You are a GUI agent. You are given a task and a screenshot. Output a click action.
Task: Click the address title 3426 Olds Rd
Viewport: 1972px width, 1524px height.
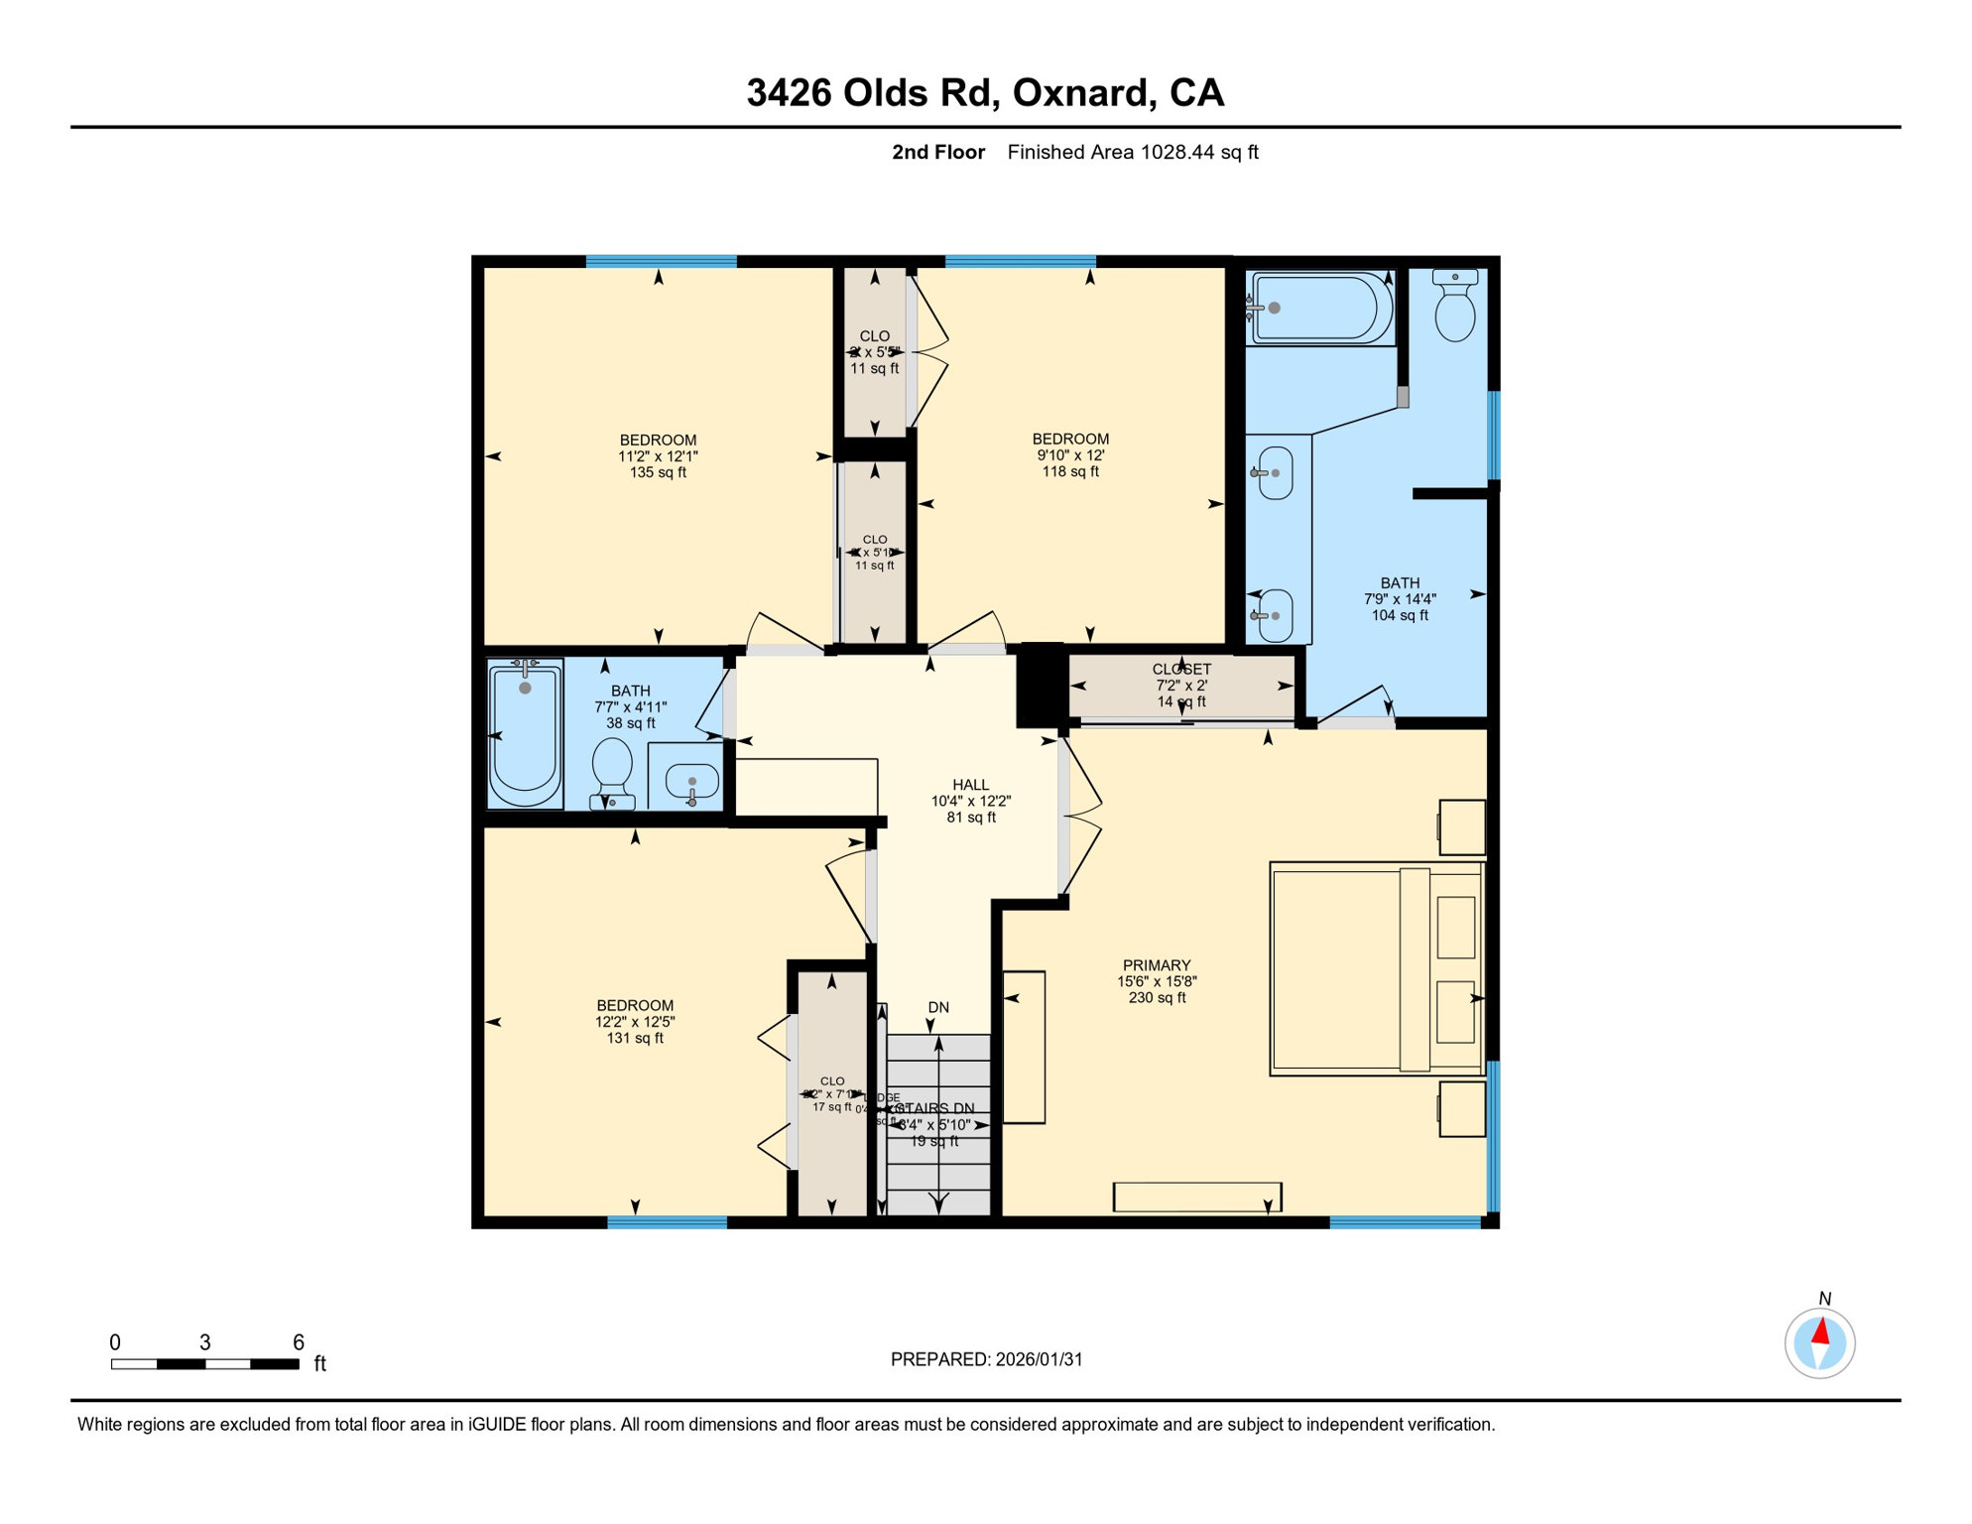[984, 93]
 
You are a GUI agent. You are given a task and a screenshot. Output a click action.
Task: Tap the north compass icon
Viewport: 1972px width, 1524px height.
[1819, 1342]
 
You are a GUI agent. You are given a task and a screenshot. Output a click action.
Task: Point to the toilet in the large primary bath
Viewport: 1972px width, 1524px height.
[1454, 308]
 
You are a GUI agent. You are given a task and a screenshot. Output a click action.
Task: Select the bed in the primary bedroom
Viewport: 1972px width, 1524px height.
[1375, 968]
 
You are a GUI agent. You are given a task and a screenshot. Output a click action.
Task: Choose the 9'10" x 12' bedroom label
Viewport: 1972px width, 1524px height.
[1069, 454]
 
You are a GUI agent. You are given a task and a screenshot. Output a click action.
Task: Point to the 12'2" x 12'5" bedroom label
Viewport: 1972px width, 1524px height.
[635, 1021]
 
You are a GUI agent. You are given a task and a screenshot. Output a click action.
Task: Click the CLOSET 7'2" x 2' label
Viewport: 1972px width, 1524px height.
[1180, 685]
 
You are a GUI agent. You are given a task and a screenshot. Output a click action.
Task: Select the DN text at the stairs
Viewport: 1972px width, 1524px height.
[938, 1007]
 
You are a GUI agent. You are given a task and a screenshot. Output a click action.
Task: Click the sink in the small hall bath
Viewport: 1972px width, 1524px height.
[691, 782]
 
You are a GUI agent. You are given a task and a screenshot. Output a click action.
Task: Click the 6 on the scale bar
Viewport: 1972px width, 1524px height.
[298, 1342]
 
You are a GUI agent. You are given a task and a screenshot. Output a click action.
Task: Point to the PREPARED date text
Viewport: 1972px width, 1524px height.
[986, 1359]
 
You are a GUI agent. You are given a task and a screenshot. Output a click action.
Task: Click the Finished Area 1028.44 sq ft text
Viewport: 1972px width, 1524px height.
[1132, 152]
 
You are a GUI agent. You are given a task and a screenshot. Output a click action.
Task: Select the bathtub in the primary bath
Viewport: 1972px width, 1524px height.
[1319, 309]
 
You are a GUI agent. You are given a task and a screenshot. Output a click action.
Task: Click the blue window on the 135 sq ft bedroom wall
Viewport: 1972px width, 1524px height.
[661, 262]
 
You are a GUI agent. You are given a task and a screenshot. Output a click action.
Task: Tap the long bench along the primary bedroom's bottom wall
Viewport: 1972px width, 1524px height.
[1196, 1197]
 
